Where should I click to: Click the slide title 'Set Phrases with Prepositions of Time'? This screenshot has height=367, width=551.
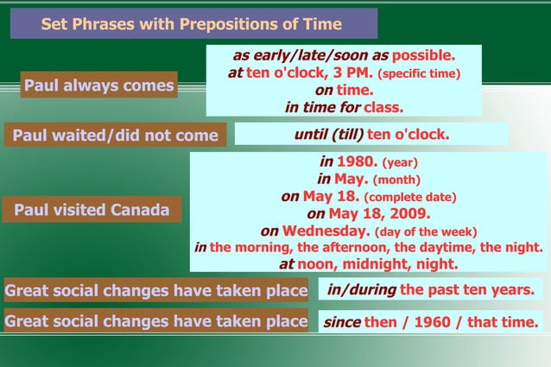[x=191, y=24]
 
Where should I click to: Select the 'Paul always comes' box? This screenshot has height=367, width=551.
[x=98, y=85]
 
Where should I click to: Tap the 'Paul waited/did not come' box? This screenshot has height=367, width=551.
[x=115, y=136]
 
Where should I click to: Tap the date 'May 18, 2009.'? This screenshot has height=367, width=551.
[x=379, y=213]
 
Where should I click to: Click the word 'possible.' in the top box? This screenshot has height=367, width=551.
[x=424, y=55]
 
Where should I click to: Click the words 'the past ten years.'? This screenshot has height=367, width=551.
[x=467, y=288]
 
